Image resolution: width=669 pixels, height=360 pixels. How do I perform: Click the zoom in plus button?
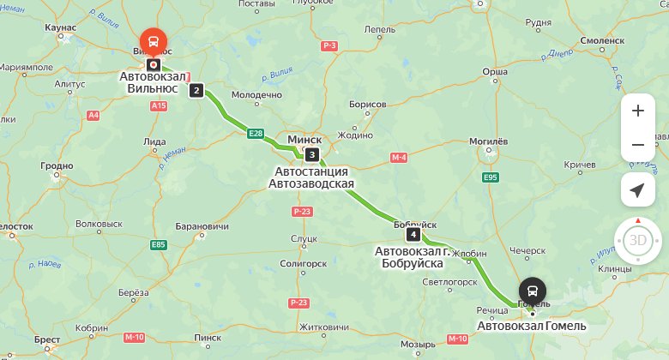pos(637,111)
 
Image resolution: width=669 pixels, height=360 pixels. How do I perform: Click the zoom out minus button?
pos(637,145)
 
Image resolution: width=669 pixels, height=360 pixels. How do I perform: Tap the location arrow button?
pos(637,189)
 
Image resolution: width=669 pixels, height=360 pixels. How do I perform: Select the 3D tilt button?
pos(637,240)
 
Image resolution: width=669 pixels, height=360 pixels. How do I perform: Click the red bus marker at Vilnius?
pos(154,40)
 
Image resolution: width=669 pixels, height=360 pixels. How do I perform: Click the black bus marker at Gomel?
pos(532,290)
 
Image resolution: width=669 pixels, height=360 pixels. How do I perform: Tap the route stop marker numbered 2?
pos(196,90)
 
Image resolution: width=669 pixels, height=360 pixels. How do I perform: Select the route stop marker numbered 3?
pos(312,155)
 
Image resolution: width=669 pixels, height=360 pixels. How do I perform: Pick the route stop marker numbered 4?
pos(413,234)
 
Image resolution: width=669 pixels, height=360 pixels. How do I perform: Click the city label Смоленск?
pos(603,40)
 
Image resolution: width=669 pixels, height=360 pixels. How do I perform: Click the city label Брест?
pos(47,339)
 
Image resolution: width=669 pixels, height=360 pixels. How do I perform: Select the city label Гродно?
pos(57,166)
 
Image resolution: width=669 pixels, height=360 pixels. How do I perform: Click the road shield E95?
pos(491,177)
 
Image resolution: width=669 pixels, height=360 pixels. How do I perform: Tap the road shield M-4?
pos(398,158)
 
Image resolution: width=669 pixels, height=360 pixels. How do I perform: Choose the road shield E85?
pos(158,244)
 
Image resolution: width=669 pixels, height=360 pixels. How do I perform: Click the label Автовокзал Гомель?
pos(532,326)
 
